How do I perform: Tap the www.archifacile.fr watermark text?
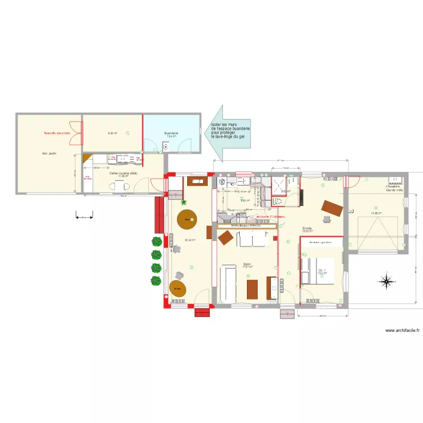coord(402,331)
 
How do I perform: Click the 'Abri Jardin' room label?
coord(49,153)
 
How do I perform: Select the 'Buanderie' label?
coord(171,134)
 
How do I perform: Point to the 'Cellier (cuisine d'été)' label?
coord(124,173)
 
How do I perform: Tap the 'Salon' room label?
coord(247,263)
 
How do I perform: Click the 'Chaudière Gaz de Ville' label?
coord(394,188)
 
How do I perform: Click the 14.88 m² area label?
coord(376,214)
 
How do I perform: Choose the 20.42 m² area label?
coord(190,240)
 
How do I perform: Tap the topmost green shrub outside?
coord(156,241)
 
